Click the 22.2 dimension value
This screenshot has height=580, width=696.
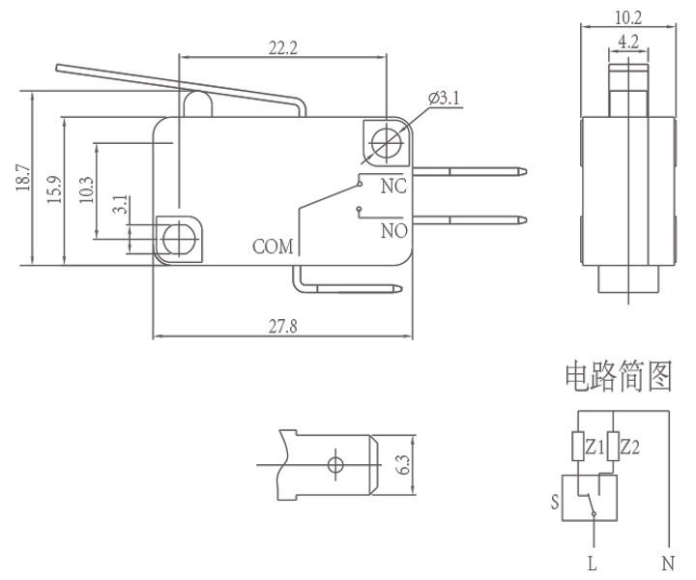(283, 47)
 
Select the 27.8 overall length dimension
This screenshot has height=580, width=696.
(283, 327)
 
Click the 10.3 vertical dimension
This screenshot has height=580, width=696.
(87, 188)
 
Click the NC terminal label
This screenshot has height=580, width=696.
(392, 186)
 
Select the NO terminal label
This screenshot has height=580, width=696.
(393, 231)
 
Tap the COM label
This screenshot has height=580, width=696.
(273, 246)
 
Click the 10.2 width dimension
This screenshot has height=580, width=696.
(628, 16)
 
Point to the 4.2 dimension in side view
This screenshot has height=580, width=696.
(628, 42)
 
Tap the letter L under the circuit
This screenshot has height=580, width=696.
(592, 563)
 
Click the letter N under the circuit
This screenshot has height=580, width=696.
(667, 563)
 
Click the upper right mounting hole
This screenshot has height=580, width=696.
(385, 142)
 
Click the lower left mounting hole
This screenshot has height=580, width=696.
(179, 237)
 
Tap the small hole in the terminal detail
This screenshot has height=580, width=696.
(335, 465)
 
